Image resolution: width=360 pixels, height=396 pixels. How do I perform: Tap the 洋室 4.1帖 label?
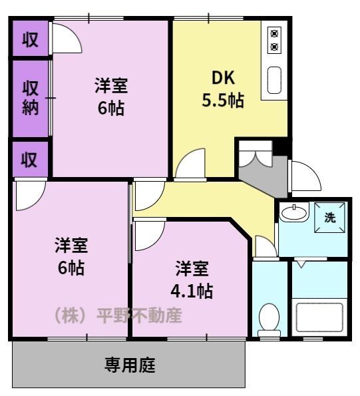click(192, 280)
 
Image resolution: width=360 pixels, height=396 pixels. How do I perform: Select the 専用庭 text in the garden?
click(130, 365)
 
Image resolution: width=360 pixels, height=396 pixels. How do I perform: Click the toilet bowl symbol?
click(270, 319)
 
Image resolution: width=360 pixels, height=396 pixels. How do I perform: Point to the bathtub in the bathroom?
click(319, 317)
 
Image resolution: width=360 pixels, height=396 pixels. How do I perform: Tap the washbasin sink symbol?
click(294, 212)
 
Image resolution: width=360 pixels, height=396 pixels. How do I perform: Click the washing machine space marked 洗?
click(330, 217)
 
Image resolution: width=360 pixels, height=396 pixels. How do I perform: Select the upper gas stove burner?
click(274, 33)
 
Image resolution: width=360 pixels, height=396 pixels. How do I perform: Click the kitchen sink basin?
click(274, 80)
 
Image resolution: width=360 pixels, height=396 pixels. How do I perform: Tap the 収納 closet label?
click(31, 99)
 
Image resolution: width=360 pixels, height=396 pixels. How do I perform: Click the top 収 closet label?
click(31, 39)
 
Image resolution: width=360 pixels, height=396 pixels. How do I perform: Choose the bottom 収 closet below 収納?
click(29, 160)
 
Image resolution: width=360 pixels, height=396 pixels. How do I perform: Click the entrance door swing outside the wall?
click(306, 176)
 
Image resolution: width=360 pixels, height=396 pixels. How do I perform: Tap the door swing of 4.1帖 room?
click(150, 236)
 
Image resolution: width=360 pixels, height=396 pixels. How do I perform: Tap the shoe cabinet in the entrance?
click(256, 154)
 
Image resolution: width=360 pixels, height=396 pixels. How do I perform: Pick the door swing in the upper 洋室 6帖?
click(67, 38)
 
